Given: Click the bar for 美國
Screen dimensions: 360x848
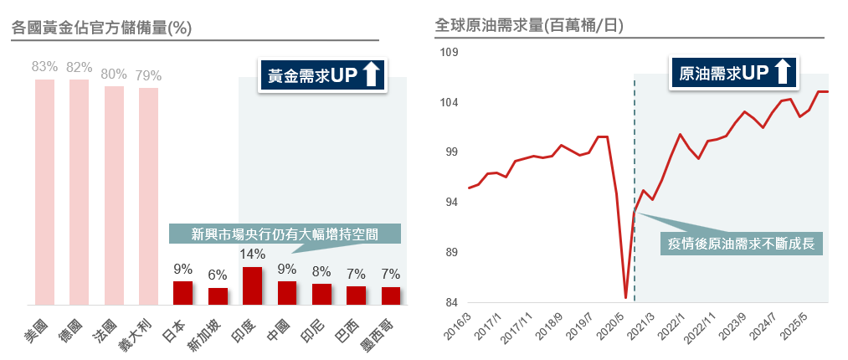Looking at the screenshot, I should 44,192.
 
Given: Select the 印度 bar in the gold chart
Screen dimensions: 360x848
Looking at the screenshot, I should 252,285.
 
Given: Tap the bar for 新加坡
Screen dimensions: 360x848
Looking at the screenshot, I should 218,296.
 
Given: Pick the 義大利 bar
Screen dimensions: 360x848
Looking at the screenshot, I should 148,196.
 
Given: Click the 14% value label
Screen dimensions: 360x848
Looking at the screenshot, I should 252,255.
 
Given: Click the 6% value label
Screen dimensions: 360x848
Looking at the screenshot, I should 218,275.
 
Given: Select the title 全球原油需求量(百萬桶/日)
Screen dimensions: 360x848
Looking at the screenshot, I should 527,26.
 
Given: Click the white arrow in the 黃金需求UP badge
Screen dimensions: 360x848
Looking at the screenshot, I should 373,75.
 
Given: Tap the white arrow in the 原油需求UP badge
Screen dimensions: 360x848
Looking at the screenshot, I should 783,72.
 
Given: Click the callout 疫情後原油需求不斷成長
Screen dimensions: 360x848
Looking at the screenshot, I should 742,244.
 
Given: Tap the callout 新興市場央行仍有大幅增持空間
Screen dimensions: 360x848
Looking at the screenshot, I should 285,233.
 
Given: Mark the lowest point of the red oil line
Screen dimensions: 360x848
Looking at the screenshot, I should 625,297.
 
